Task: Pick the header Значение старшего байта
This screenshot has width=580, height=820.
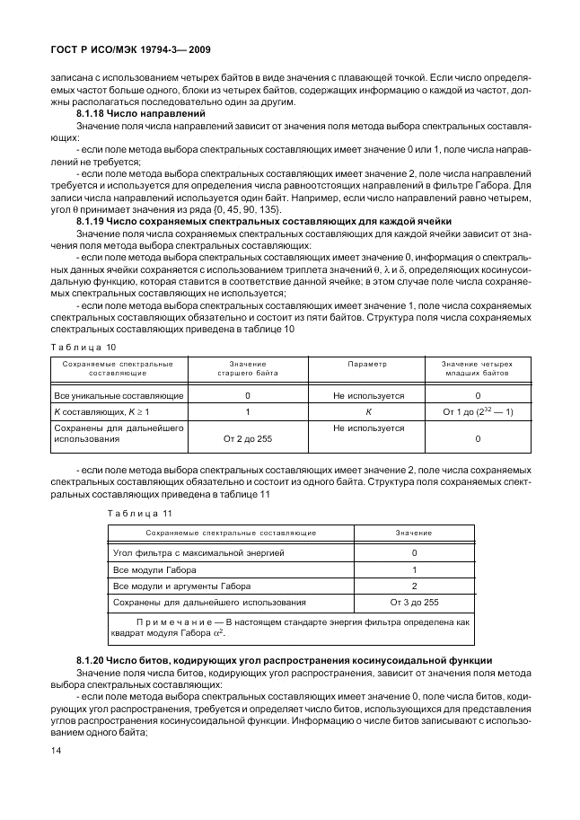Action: pyautogui.click(x=248, y=368)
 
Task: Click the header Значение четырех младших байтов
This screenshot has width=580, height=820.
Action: pyautogui.click(x=478, y=368)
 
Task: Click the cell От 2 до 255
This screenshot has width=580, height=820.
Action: pyautogui.click(x=248, y=439)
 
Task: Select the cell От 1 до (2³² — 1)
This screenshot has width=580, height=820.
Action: pyautogui.click(x=478, y=411)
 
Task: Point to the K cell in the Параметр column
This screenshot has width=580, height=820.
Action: pyautogui.click(x=368, y=411)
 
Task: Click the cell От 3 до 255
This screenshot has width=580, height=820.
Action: pyautogui.click(x=414, y=602)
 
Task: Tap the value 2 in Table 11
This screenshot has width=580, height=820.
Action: pyautogui.click(x=414, y=586)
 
